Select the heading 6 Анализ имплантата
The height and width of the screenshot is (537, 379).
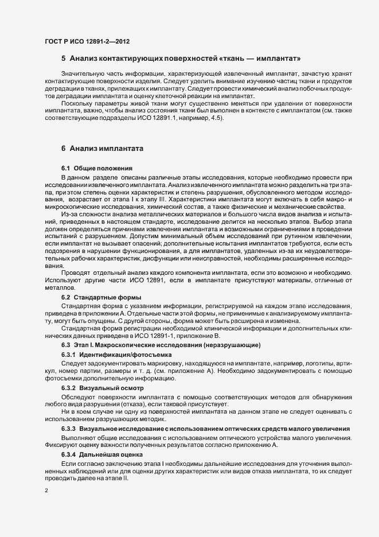(99, 149)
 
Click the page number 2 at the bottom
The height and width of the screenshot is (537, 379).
(46, 491)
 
